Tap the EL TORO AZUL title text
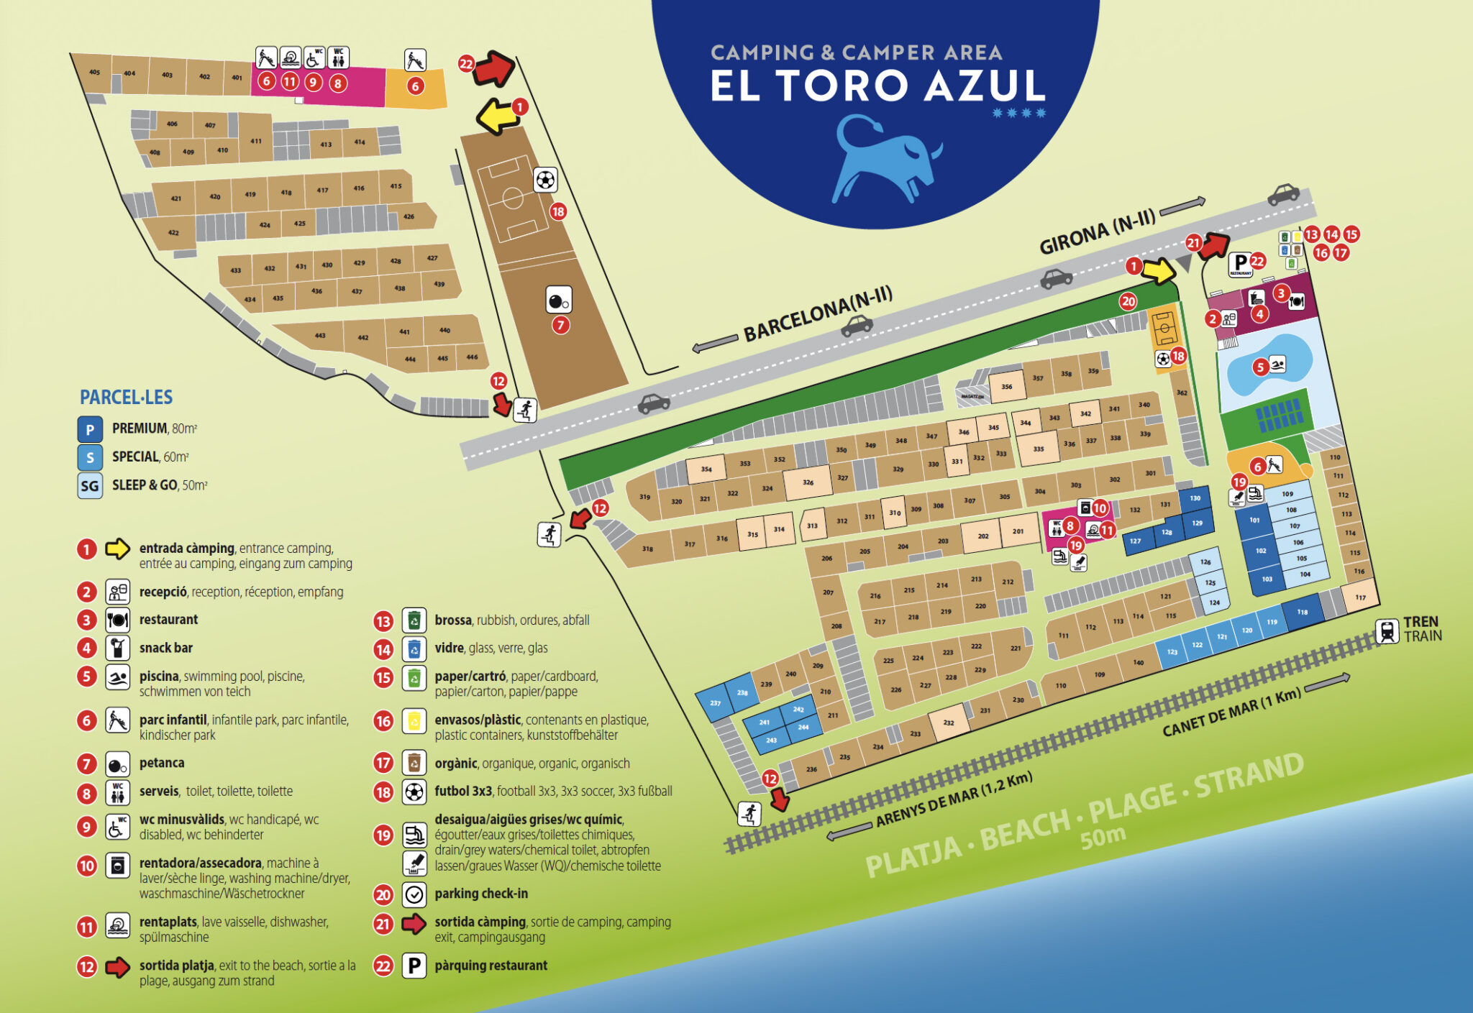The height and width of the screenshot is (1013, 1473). (x=877, y=86)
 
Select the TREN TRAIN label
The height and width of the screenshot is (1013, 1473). (x=1422, y=629)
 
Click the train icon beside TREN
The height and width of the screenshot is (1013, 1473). (x=1387, y=631)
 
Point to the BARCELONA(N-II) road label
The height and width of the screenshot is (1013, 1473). (x=818, y=314)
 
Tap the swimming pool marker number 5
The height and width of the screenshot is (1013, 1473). (x=1259, y=367)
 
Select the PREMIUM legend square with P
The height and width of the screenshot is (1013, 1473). (x=90, y=429)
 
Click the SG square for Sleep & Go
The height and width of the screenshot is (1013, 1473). (x=90, y=486)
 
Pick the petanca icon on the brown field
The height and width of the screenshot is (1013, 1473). (x=559, y=300)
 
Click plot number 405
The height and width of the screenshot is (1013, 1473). (x=95, y=72)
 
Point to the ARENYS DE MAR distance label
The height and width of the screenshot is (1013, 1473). (x=954, y=799)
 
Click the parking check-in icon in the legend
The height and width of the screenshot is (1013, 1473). (x=414, y=894)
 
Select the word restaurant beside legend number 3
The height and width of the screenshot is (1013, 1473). (x=168, y=620)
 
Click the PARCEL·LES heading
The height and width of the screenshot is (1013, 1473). (x=126, y=398)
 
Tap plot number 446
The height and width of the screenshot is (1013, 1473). (x=472, y=357)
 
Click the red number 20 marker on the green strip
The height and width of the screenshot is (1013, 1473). (x=1128, y=302)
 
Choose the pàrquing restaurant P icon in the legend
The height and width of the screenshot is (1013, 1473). (x=414, y=966)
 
